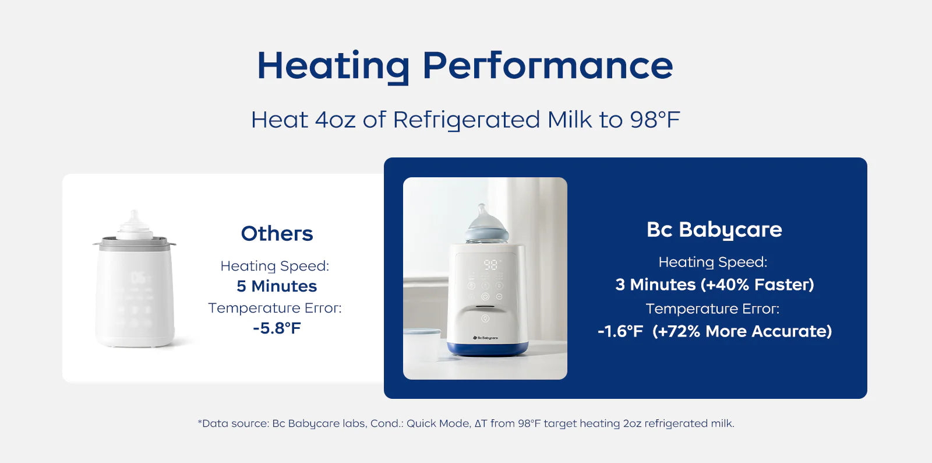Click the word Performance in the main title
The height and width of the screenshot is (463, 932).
click(548, 65)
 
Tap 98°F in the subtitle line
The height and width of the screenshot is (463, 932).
click(655, 120)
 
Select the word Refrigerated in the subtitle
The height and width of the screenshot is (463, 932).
click(467, 121)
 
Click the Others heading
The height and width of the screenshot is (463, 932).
click(277, 234)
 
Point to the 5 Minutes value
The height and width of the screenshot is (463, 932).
click(277, 286)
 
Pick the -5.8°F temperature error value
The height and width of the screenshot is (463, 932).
click(277, 328)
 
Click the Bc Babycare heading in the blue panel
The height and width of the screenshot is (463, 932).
click(714, 230)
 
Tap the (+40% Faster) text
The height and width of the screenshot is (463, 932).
click(757, 285)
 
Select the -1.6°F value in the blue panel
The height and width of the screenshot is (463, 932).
click(620, 331)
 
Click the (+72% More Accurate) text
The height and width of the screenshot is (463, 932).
click(742, 331)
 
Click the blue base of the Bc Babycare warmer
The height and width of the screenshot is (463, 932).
click(487, 348)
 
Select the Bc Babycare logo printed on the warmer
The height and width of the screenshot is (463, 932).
click(485, 338)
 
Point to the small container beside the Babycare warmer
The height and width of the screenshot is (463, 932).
click(422, 344)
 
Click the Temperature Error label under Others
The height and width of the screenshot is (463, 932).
click(274, 308)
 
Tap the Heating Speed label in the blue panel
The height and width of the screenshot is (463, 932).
click(713, 263)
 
